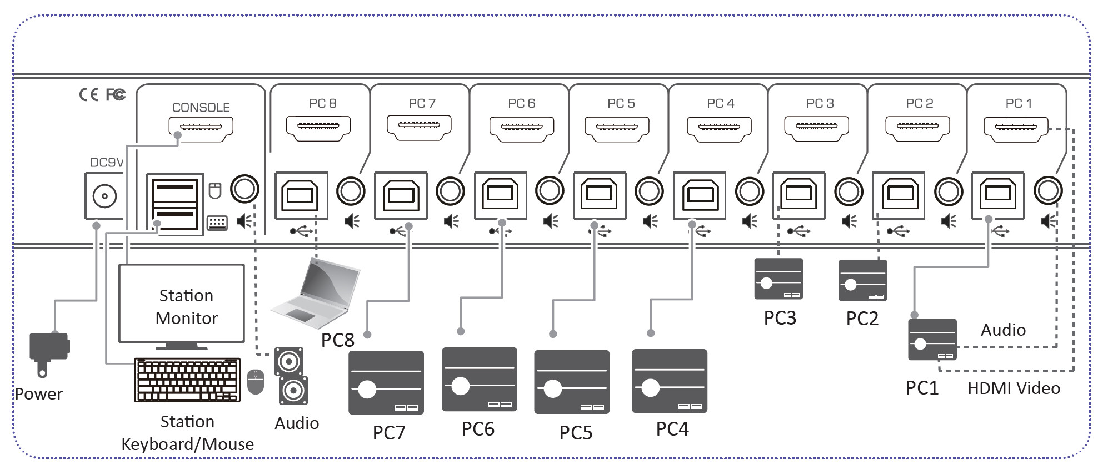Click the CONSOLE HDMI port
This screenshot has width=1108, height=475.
(201, 128)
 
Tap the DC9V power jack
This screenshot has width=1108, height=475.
(104, 196)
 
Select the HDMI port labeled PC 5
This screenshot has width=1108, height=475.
(617, 128)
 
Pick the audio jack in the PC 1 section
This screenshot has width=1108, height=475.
(1047, 190)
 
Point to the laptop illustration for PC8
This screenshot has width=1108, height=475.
(317, 293)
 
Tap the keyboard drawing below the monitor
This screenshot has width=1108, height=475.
(187, 380)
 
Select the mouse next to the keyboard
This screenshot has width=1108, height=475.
(255, 382)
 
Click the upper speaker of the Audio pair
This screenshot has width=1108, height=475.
(289, 362)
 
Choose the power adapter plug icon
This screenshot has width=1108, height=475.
(49, 350)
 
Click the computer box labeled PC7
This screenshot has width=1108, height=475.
(386, 382)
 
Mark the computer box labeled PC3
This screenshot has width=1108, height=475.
(778, 279)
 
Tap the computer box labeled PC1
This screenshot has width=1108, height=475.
(932, 340)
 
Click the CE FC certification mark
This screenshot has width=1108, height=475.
(102, 95)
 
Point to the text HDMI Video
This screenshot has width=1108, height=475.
(1014, 388)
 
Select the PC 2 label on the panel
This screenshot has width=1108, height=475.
(919, 104)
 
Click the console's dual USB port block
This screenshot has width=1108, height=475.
(175, 204)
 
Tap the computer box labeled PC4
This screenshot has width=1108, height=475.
(670, 381)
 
